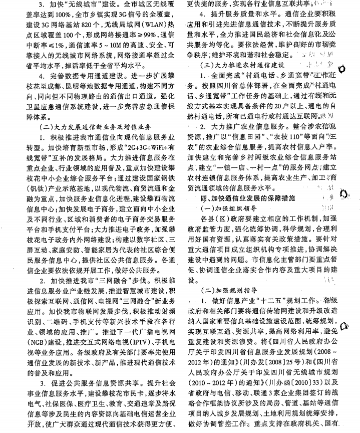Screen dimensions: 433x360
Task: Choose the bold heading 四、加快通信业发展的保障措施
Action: coord(245,198)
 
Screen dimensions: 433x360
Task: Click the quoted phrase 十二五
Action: coord(269,300)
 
